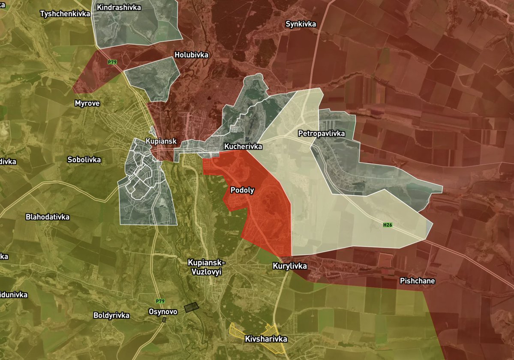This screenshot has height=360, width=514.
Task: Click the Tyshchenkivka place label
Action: pos(65,14)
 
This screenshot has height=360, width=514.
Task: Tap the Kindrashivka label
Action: pos(119,7)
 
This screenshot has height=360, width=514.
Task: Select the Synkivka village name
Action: pos(301,24)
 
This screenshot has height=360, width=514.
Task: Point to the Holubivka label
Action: pos(191,55)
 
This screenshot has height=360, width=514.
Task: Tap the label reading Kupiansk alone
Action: pos(161,141)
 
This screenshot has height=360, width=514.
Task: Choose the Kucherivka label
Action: pos(243,147)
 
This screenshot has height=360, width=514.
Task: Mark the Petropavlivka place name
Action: pos(321,134)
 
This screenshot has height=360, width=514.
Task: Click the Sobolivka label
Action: pos(84,160)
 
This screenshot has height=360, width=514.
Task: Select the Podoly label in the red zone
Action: pos(242,190)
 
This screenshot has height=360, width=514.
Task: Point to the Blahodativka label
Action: pos(48,217)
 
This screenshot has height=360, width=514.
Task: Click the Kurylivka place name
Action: pos(290,266)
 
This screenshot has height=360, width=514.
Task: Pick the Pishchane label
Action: pos(417,281)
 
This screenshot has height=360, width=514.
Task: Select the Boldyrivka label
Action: pos(111,315)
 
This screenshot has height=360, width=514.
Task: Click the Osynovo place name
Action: pos(163,312)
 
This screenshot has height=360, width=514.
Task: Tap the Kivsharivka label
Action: pos(266,339)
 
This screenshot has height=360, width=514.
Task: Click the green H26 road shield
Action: pos(388,225)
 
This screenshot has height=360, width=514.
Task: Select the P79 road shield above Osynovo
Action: pos(160,301)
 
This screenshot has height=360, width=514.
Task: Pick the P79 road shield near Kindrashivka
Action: pos(112,62)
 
